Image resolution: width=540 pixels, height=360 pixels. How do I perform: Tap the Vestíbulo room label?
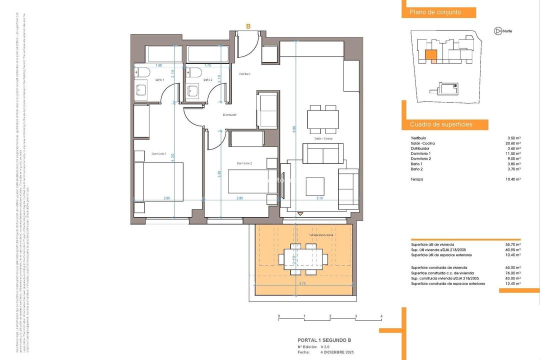tap(244, 73)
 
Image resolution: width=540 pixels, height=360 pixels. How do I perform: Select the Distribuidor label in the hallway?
tap(229, 114)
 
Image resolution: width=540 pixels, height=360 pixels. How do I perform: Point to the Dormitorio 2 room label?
tap(244, 163)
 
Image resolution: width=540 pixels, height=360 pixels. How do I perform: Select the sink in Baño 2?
tap(192, 90)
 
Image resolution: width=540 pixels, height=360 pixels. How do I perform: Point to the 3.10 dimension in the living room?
tap(319, 198)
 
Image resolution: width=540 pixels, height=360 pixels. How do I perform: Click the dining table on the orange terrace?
tap(303, 259)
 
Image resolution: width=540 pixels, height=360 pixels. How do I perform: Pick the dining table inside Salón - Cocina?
tap(322, 119)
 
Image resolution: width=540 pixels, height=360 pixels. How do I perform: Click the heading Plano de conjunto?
tap(435, 12)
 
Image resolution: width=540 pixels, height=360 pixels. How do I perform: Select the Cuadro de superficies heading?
tap(441, 124)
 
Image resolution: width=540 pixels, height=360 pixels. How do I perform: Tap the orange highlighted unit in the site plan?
tap(430, 56)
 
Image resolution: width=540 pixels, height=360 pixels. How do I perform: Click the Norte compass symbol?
tap(497, 31)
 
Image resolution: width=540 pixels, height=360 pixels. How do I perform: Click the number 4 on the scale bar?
tap(381, 316)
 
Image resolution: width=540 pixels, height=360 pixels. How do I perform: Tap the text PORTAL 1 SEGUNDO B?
tap(324, 340)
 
